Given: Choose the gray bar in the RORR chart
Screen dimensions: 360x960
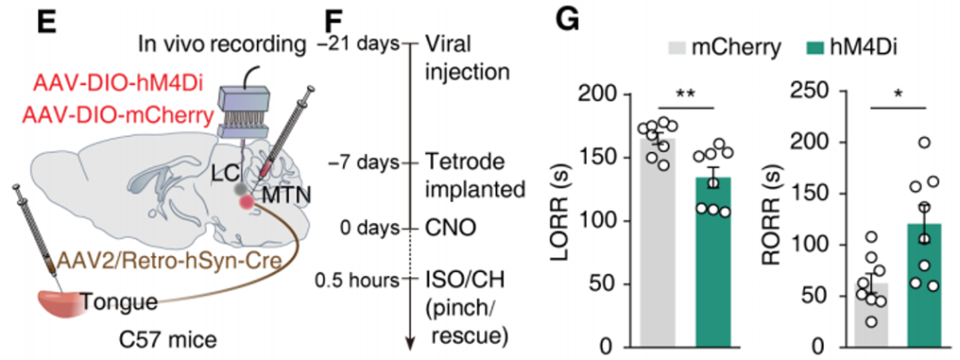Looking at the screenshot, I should [x=871, y=315].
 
